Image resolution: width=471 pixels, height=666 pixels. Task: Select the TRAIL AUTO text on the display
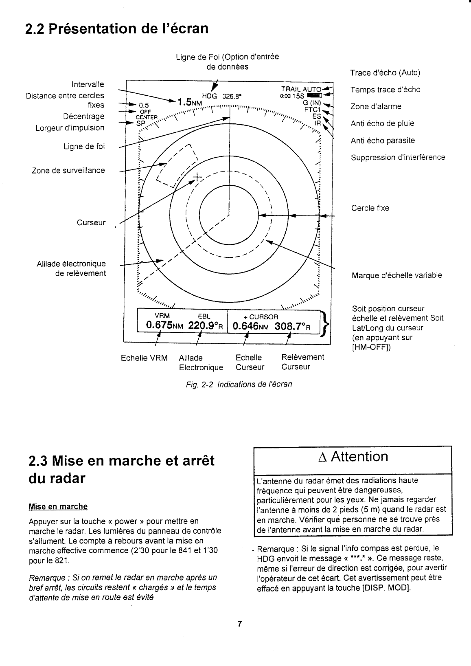tap(302, 90)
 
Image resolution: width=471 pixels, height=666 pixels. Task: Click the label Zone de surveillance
tap(68, 170)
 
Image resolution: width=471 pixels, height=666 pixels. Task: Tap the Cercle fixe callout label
tap(370, 208)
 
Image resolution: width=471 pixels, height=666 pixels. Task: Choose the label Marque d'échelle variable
tap(397, 275)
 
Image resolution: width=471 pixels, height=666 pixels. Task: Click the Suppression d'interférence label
tap(398, 157)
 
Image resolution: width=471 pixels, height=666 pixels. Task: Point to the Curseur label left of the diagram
tap(91, 223)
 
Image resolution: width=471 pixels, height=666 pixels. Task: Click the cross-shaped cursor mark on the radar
tap(197, 177)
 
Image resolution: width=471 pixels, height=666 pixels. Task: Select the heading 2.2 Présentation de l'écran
tap(116, 29)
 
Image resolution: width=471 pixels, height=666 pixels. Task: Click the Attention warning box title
tap(353, 457)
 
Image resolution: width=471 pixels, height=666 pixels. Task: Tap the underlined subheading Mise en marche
tap(58, 507)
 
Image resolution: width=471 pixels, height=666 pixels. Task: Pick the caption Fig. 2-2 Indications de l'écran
tap(239, 384)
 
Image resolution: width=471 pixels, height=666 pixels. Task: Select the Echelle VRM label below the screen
tap(144, 358)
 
